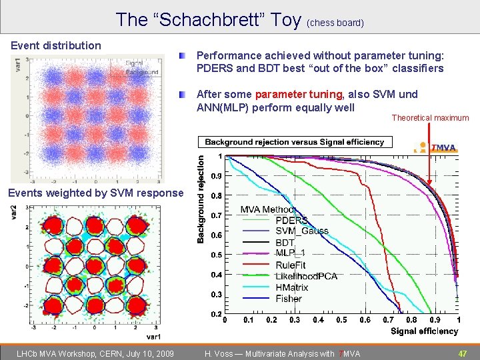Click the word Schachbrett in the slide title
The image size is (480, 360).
click(230, 20)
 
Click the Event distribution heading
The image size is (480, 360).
click(56, 45)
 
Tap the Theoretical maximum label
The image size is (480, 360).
click(430, 118)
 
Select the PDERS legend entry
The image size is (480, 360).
click(291, 221)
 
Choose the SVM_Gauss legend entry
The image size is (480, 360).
click(301, 231)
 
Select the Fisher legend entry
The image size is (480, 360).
click(289, 299)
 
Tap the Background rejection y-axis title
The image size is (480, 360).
click(201, 199)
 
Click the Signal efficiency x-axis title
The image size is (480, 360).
click(424, 331)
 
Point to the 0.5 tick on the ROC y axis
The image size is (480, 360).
click(217, 255)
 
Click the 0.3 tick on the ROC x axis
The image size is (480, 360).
click(294, 321)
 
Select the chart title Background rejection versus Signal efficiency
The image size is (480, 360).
click(294, 142)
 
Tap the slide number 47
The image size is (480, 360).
click(462, 353)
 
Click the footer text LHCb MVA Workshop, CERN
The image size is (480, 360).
click(94, 353)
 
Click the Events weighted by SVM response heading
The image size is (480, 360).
click(94, 193)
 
